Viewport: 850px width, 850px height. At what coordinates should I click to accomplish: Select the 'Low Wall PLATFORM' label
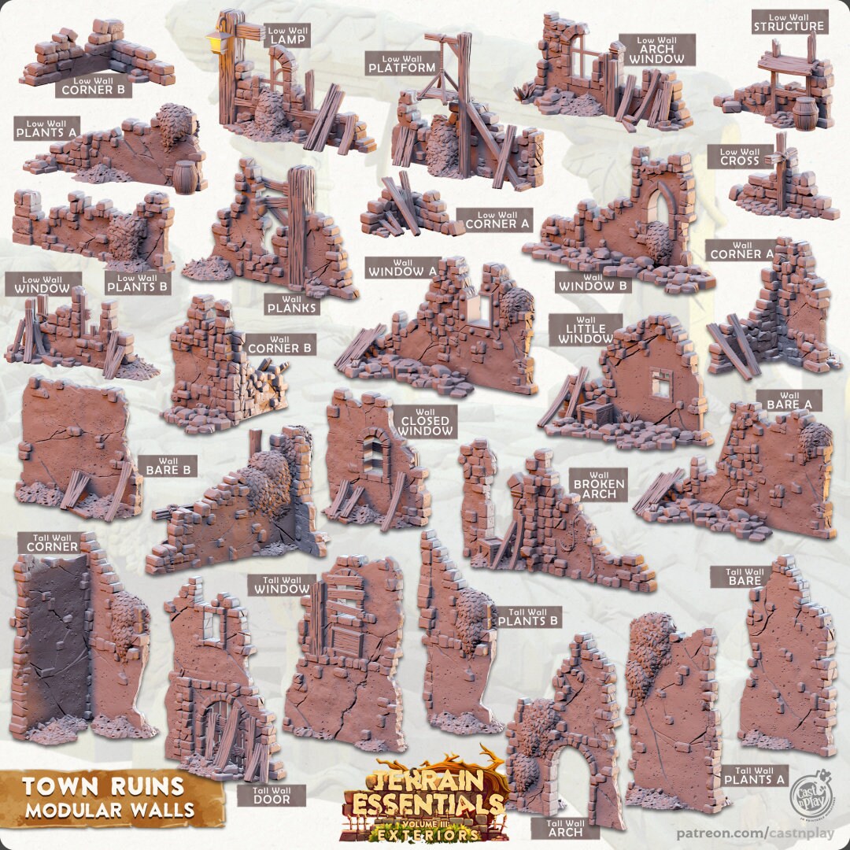click(x=401, y=64)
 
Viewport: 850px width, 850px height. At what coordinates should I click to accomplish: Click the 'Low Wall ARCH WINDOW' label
click(x=656, y=50)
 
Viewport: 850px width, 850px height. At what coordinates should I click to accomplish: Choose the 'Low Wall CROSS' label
click(x=740, y=157)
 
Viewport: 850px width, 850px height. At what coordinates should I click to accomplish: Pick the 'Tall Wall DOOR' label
click(x=271, y=794)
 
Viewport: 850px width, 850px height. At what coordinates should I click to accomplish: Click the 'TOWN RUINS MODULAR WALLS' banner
click(x=104, y=796)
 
